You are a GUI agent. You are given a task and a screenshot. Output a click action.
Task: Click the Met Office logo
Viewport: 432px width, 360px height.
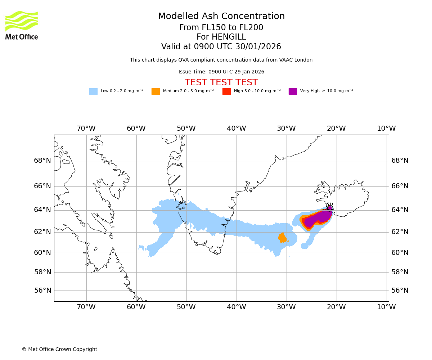pyautogui.click(x=22, y=25)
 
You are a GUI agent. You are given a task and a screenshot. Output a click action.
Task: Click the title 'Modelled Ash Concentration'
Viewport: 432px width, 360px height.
pyautogui.click(x=221, y=17)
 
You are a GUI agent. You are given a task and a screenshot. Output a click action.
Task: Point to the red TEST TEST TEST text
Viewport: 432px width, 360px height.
pyautogui.click(x=221, y=83)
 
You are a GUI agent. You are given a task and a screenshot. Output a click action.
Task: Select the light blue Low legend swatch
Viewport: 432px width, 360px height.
pyautogui.click(x=93, y=91)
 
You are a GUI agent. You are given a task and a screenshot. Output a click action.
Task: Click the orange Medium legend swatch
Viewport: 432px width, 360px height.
pyautogui.click(x=156, y=91)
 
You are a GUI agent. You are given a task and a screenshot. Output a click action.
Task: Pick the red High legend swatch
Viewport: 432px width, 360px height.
pyautogui.click(x=226, y=91)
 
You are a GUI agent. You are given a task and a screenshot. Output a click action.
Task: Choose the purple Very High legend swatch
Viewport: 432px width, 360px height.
pyautogui.click(x=293, y=91)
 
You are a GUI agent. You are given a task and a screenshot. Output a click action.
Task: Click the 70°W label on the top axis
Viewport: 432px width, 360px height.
pyautogui.click(x=86, y=129)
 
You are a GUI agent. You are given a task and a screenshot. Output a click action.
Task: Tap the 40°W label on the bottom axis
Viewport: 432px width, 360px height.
pyautogui.click(x=236, y=307)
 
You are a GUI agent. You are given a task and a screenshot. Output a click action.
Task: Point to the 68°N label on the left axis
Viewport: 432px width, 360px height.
pyautogui.click(x=42, y=161)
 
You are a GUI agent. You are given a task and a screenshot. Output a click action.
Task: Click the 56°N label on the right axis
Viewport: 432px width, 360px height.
pyautogui.click(x=400, y=291)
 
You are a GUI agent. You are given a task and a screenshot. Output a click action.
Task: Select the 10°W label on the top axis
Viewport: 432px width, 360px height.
pyautogui.click(x=386, y=129)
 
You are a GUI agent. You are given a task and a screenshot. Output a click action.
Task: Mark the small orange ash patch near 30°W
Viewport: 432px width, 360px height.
pyautogui.click(x=282, y=238)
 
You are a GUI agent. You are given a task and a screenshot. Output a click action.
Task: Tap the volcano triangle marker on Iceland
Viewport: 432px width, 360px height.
pyautogui.click(x=330, y=207)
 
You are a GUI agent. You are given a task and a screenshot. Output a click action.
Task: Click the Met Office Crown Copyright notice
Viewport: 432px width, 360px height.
pyautogui.click(x=59, y=350)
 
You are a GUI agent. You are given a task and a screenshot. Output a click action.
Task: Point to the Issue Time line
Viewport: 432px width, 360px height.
pyautogui.click(x=221, y=72)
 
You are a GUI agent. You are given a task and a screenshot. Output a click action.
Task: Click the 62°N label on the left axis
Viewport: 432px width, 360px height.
pyautogui.click(x=42, y=232)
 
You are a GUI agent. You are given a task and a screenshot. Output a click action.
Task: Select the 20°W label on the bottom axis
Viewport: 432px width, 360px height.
pyautogui.click(x=336, y=307)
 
